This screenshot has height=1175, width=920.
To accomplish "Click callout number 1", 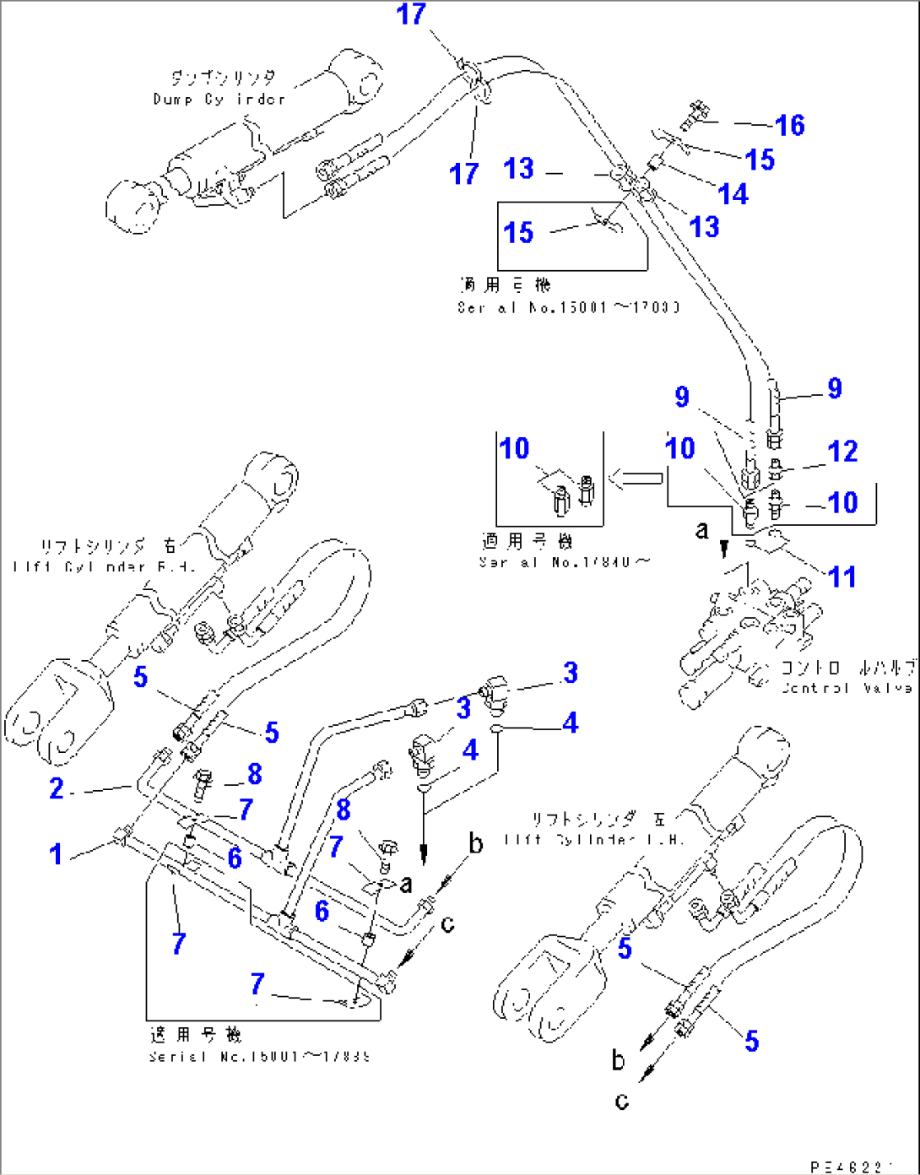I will pos(56,854).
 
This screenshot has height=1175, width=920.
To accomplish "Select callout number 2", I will pos(57,788).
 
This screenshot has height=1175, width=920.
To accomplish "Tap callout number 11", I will pos(842,577).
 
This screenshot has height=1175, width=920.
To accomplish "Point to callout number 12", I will pos(842,452).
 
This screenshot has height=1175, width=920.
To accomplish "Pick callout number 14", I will pos(733,194).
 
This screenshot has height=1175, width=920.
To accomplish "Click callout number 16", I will pos(790,126).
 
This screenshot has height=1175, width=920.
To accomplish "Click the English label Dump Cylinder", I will pos(219,100).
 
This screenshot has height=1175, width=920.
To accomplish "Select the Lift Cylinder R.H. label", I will pos(105,566).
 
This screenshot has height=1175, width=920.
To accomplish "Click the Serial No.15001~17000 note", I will pos(568,308).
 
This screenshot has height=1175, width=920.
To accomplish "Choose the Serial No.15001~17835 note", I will pos(259,1056).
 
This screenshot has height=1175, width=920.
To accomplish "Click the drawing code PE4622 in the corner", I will pos(851,1167).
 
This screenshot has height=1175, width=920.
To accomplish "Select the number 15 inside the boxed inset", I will pos(518,232).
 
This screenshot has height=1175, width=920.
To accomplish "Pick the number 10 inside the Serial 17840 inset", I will pos(514,448).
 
